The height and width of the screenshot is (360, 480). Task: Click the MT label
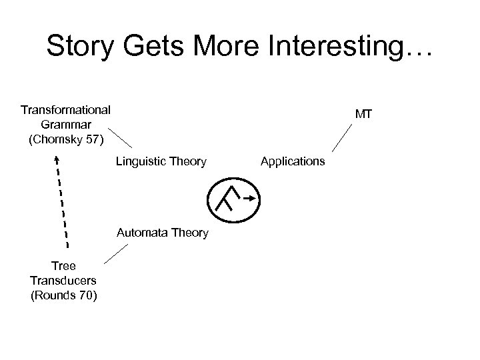pyautogui.click(x=363, y=115)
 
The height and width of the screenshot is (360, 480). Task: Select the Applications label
pyautogui.click(x=293, y=161)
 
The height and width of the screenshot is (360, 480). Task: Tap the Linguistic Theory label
pyautogui.click(x=161, y=161)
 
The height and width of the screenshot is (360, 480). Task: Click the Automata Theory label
pyautogui.click(x=162, y=233)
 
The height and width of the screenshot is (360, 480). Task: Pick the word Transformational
pyautogui.click(x=66, y=109)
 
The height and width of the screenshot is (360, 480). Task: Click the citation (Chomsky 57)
pyautogui.click(x=66, y=139)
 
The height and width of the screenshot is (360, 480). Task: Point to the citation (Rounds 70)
pyautogui.click(x=64, y=295)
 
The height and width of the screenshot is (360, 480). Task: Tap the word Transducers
pyautogui.click(x=64, y=280)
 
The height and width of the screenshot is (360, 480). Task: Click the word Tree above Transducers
pyautogui.click(x=64, y=266)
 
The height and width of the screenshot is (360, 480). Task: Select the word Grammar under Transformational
pyautogui.click(x=66, y=124)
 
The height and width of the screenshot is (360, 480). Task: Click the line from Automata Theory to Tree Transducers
pyautogui.click(x=115, y=255)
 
